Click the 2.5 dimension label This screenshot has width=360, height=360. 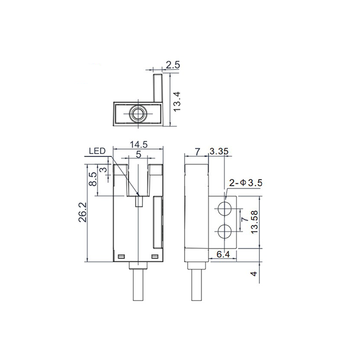[x=173, y=65]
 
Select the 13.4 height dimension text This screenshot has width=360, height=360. [x=177, y=101]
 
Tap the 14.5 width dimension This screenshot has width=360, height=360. [x=139, y=145]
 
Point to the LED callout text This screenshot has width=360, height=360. [x=97, y=151]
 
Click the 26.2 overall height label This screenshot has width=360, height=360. [x=83, y=212]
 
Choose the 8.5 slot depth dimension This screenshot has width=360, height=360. [x=93, y=179]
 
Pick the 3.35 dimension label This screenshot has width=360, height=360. [x=219, y=151]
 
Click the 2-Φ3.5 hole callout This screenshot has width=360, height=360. [x=246, y=183]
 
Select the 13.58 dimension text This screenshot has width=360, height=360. [x=255, y=222]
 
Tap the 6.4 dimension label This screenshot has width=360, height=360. [x=223, y=254]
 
